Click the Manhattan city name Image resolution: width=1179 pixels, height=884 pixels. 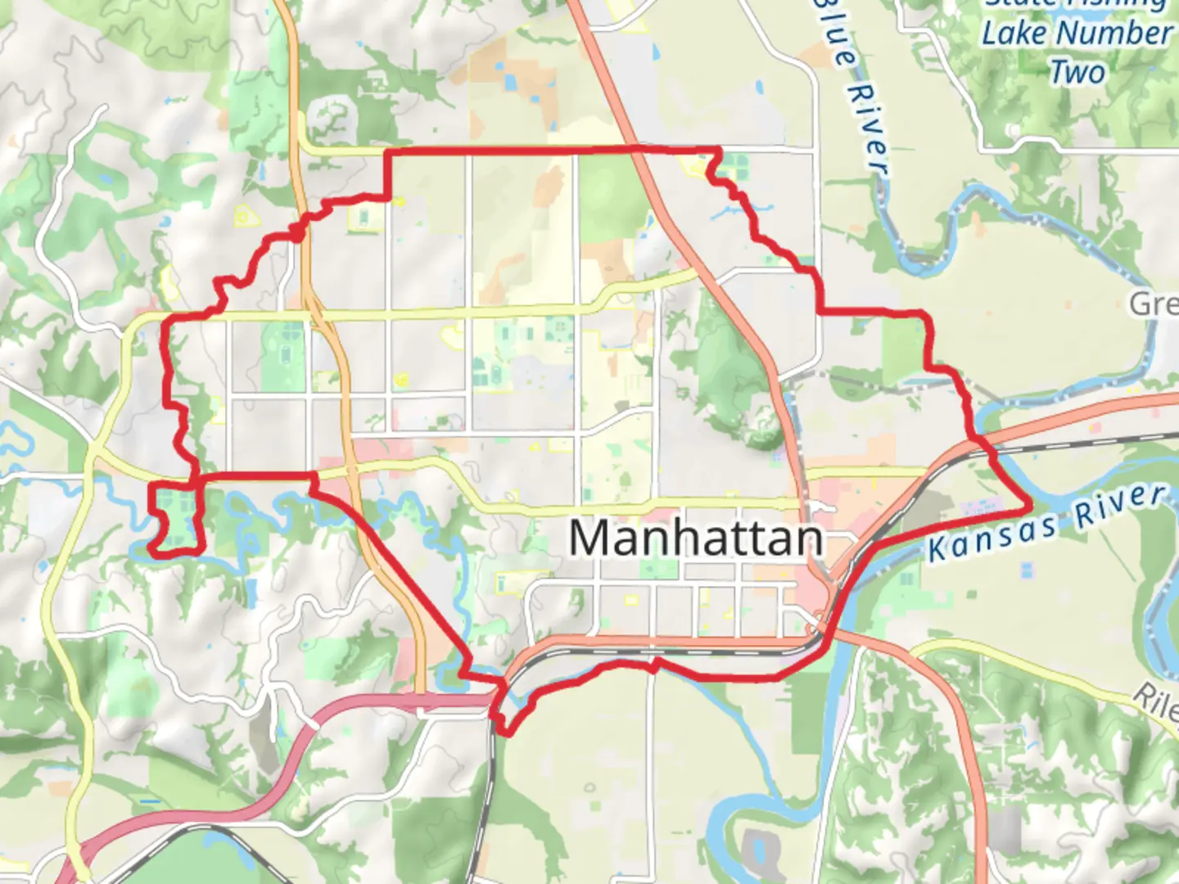pos(695,539)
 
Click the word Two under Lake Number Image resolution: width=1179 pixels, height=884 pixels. pos(1077,72)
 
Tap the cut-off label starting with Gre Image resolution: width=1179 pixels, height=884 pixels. pos(1154,304)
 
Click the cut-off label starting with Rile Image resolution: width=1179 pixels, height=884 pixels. pos(1156,702)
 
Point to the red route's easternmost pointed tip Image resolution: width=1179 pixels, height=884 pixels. pos(1030,506)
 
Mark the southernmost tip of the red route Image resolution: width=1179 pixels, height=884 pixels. pos(506,733)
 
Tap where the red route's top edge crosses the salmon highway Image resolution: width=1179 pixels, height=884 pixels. pos(637,149)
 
